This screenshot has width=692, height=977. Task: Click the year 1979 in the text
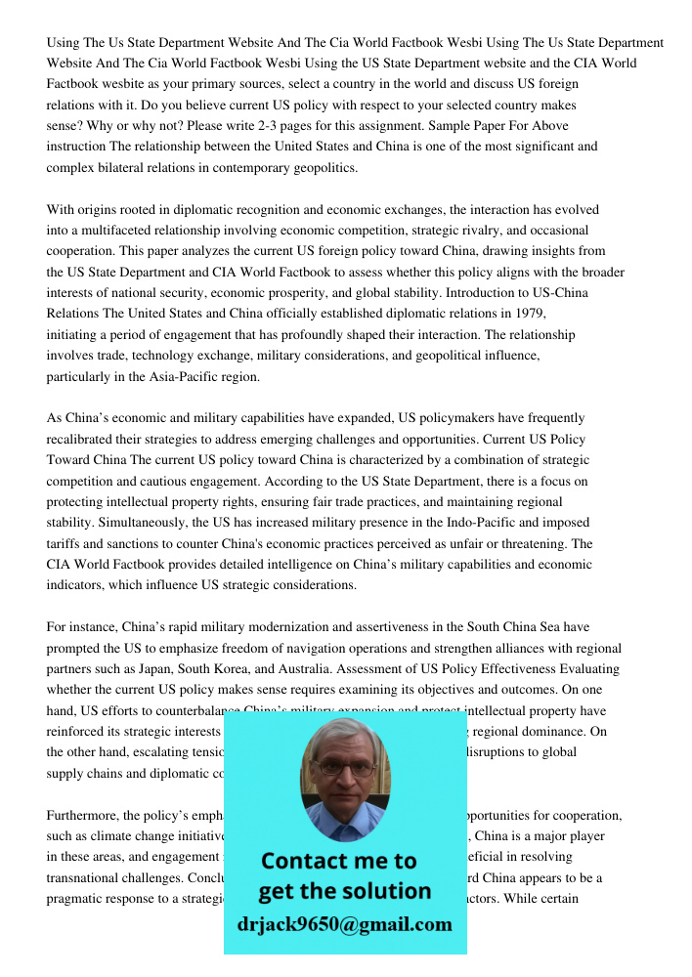click(524, 314)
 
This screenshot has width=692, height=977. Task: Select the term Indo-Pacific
click(468, 523)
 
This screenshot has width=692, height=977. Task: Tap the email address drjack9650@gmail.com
click(344, 924)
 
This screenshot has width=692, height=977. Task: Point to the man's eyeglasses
click(345, 766)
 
